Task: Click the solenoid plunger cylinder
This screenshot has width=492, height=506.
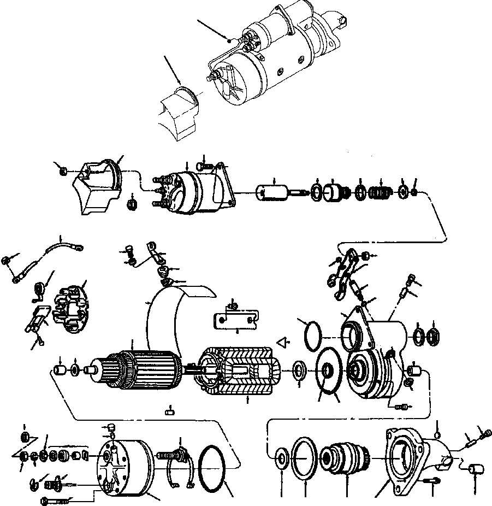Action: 274,193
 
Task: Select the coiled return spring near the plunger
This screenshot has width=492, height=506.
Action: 380,193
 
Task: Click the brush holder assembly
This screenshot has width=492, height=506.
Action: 69,306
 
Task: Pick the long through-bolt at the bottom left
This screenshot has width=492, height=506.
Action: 55,500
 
